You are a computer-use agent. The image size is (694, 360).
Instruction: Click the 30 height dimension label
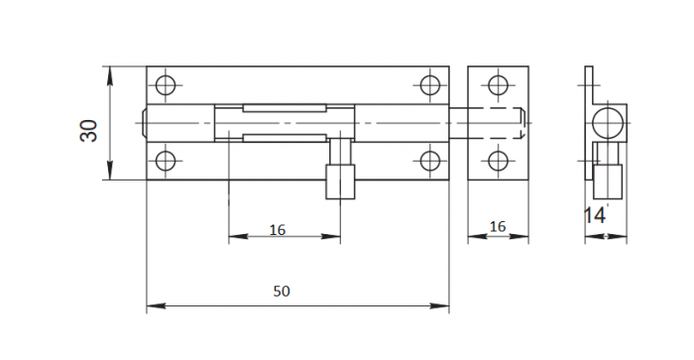88,131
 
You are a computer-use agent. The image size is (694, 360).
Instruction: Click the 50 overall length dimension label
282,291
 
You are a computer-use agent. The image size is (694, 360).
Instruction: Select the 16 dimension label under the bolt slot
278,230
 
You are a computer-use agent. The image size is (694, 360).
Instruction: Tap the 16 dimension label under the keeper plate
498,226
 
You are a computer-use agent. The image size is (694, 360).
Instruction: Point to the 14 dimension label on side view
595,215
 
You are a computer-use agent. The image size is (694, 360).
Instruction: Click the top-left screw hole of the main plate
166,85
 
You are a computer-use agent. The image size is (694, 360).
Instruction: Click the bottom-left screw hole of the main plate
166,161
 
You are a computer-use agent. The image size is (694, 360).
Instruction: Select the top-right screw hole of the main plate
429,85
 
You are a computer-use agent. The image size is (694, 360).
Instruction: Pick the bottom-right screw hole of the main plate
429,161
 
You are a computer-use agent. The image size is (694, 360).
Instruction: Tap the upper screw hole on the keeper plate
498,85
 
